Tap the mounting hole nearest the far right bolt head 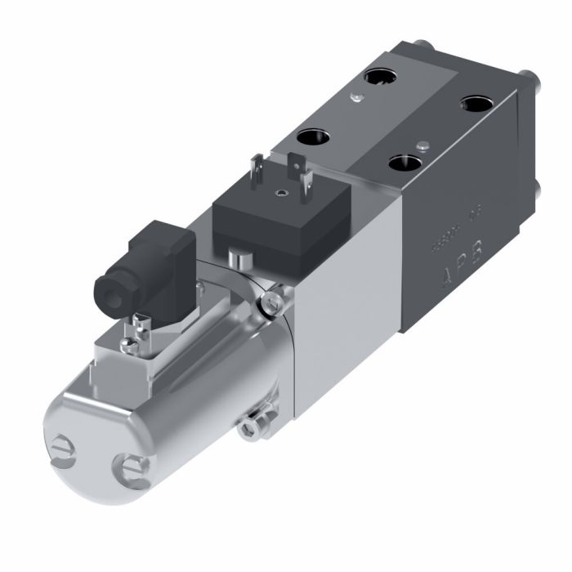(476, 105)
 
